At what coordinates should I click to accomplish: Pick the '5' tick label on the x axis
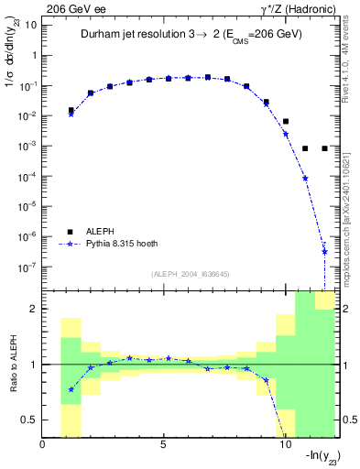[x=163, y=446]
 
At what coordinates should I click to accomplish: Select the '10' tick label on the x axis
[x=284, y=446]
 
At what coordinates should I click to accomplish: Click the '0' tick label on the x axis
[x=43, y=446]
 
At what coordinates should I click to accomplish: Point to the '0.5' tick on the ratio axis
[x=28, y=420]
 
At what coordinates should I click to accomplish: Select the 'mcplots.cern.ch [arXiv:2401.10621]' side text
[x=352, y=202]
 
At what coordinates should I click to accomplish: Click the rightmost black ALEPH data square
[x=324, y=148]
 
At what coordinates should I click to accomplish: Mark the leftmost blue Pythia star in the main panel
[x=71, y=114]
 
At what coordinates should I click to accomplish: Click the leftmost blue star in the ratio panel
[x=71, y=389]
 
